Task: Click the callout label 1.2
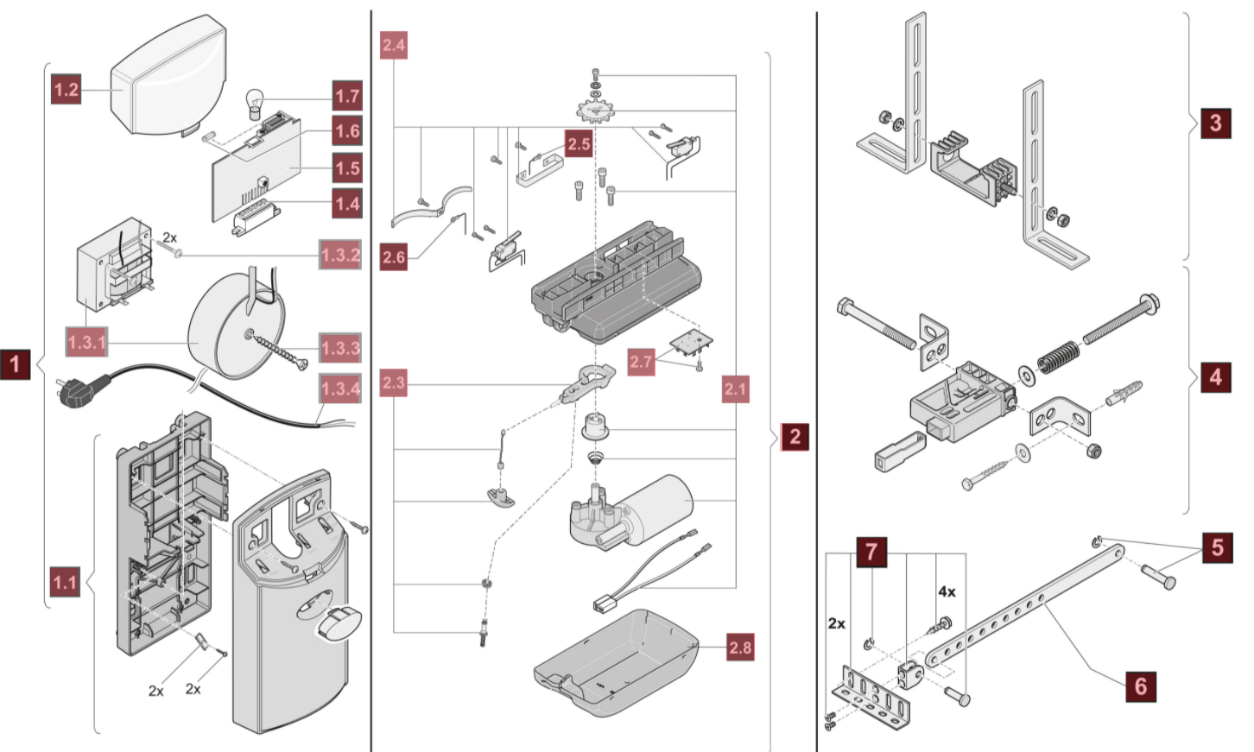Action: coord(66,89)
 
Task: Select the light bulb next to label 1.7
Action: coord(256,104)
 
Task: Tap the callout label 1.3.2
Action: coord(340,256)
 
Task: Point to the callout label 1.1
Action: coord(65,582)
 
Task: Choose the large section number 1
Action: coord(16,363)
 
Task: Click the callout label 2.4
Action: coord(393,45)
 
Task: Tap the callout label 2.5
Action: coord(579,143)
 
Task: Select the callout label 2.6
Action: coord(394,256)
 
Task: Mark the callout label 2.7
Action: coord(641,362)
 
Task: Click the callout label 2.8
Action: coord(740,648)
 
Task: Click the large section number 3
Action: coord(1216,123)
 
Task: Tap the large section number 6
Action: coord(1141,686)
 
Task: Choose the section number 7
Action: coord(871,551)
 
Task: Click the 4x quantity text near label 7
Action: coord(947,592)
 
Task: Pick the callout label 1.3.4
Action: coord(340,389)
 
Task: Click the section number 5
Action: coord(1218,547)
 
